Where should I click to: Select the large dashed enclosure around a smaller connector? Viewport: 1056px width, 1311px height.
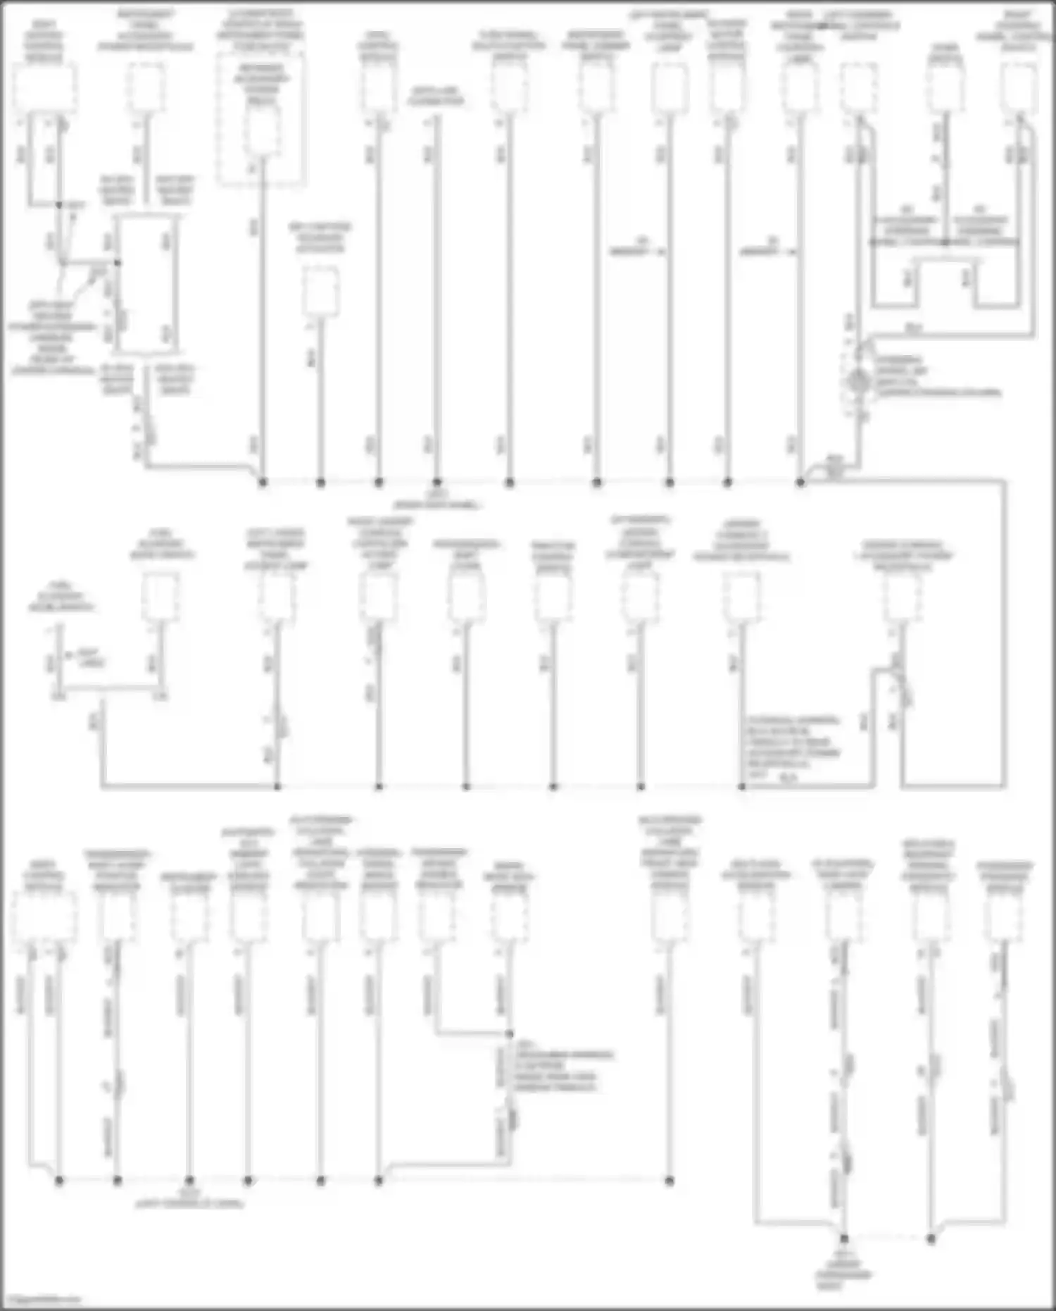pos(261,120)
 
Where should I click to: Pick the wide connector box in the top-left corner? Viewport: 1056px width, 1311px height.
pos(44,88)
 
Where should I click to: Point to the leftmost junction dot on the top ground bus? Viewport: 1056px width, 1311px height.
pos(263,483)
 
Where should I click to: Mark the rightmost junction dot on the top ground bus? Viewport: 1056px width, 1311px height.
pos(800,483)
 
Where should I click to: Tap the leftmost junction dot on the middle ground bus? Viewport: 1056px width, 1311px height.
pos(277,786)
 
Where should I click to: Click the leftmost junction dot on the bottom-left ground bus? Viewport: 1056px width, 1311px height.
pos(59,1180)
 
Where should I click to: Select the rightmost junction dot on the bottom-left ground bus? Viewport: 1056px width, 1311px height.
pos(669,1180)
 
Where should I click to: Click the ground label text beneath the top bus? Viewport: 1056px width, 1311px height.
pos(436,500)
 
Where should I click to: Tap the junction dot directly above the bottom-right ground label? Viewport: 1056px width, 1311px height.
pos(843,1238)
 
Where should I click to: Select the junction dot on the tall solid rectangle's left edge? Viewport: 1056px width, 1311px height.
pos(118,263)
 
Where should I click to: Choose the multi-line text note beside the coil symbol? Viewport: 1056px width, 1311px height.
pos(936,375)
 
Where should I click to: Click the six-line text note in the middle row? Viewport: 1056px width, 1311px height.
pos(792,747)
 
